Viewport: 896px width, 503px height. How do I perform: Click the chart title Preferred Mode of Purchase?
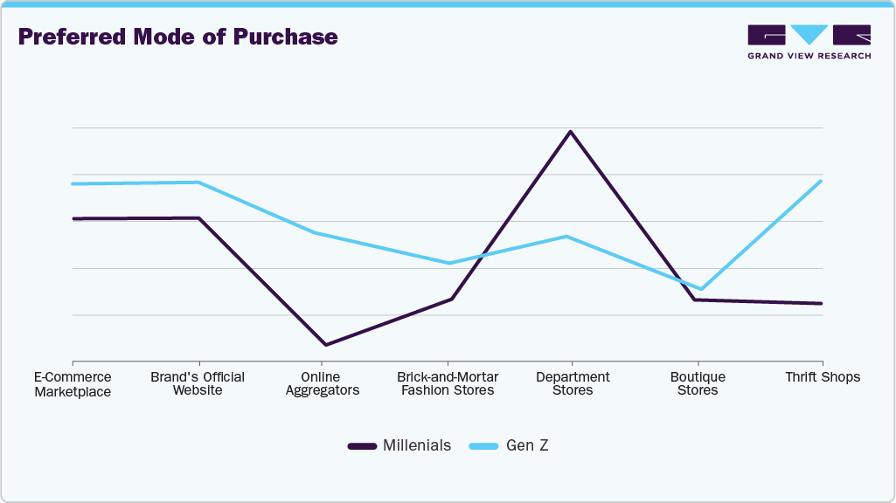tap(177, 38)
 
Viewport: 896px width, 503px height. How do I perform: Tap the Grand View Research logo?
tap(809, 41)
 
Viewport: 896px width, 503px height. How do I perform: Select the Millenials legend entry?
tap(399, 445)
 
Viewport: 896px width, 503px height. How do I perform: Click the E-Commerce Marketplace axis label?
tap(73, 384)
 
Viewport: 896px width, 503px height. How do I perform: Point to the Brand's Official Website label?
tap(198, 383)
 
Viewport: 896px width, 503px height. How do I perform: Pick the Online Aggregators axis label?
tap(323, 383)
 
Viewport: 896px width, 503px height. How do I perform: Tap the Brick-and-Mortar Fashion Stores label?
tap(448, 383)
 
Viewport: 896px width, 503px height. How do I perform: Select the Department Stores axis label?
tap(573, 383)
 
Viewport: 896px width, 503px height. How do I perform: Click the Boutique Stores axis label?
tap(698, 383)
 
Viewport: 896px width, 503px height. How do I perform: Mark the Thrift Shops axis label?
tap(823, 377)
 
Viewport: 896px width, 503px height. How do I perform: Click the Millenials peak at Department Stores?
tap(571, 132)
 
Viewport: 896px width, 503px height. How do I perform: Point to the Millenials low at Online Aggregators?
tap(324, 345)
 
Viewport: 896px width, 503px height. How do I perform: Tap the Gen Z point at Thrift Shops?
tap(822, 181)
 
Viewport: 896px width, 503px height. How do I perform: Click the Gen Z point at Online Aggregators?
tap(315, 233)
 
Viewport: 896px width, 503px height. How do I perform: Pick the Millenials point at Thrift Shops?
tap(822, 303)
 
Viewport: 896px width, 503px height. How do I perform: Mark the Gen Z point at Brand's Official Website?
tap(199, 183)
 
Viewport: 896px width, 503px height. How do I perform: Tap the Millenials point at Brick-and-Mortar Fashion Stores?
tap(451, 300)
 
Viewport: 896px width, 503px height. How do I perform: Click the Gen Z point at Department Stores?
tap(566, 237)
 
